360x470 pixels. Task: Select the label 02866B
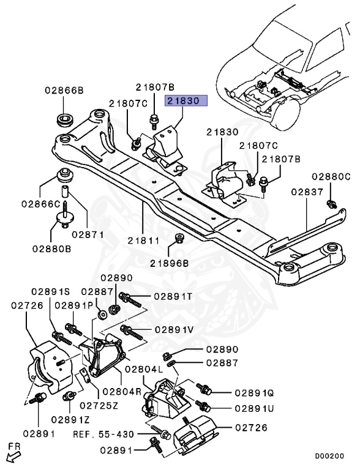pyautogui.click(x=64, y=91)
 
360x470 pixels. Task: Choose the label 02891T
pyautogui.click(x=173, y=297)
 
